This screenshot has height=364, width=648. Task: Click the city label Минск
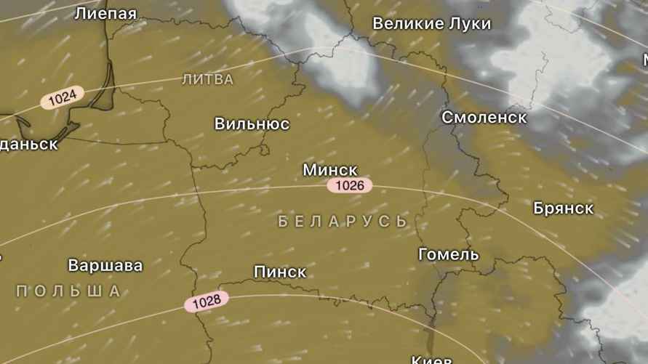(x=329, y=170)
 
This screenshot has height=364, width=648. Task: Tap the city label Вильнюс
(x=252, y=124)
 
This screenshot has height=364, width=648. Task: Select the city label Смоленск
(x=484, y=117)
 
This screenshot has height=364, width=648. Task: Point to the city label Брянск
(x=563, y=209)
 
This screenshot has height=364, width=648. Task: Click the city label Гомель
(x=449, y=254)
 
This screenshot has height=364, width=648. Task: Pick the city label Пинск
(x=280, y=272)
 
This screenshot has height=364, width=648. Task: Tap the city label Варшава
(x=105, y=265)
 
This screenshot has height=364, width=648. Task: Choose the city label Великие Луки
(x=431, y=24)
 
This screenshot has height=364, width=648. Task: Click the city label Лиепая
(x=105, y=13)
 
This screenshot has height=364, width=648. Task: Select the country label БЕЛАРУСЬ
(x=343, y=222)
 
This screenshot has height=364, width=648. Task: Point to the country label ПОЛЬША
(x=68, y=291)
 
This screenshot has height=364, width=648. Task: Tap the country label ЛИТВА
(x=208, y=79)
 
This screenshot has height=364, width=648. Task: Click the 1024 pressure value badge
(x=63, y=97)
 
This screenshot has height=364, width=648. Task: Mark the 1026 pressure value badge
(x=350, y=185)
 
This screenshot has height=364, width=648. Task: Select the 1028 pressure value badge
(x=207, y=302)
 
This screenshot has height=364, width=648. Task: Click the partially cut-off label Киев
(x=431, y=360)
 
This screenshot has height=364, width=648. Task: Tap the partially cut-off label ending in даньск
(x=28, y=144)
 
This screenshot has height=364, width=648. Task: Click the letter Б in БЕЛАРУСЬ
(x=284, y=222)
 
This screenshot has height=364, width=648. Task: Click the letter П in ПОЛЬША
(x=21, y=291)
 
